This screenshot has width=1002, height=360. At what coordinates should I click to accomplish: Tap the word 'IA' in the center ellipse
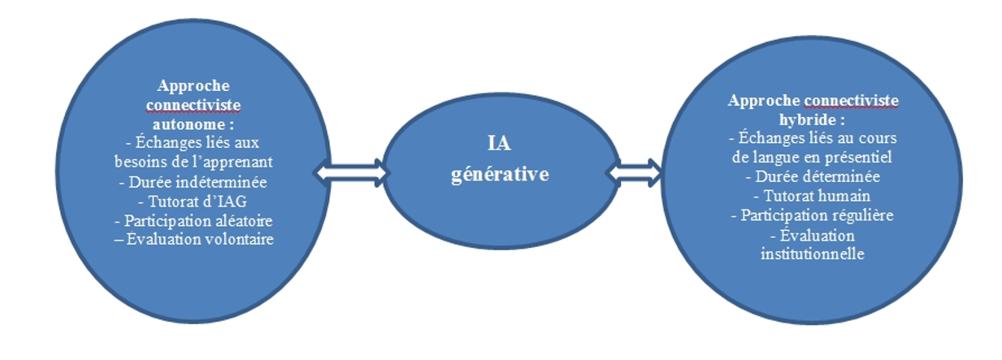[x=499, y=144]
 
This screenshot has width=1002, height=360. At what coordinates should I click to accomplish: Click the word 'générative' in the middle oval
[x=499, y=174]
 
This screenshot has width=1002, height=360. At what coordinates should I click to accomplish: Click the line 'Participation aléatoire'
[x=193, y=220]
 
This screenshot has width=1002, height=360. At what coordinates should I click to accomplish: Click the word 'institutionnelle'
[x=813, y=254]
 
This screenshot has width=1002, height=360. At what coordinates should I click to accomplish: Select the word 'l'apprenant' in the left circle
[x=237, y=161]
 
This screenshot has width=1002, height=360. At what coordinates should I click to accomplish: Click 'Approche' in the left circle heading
[x=193, y=85]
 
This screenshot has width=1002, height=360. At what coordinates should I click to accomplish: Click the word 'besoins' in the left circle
[x=142, y=161]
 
